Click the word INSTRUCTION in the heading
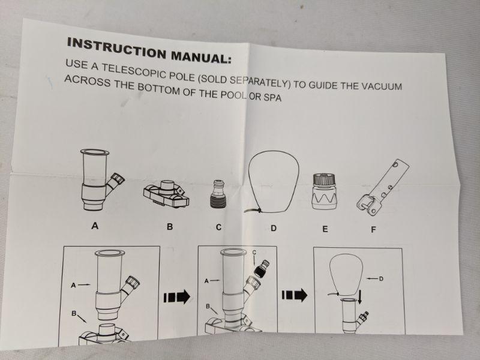[117, 48]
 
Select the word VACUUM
[382, 86]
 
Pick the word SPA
[272, 97]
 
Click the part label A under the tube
[95, 226]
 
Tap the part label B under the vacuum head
[170, 227]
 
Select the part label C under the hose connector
[218, 227]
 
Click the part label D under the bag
[274, 228]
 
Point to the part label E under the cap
[325, 229]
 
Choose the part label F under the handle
[373, 230]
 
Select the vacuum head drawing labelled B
[166, 193]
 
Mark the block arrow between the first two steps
[177, 296]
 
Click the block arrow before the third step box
[295, 295]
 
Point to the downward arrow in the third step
[360, 297]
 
